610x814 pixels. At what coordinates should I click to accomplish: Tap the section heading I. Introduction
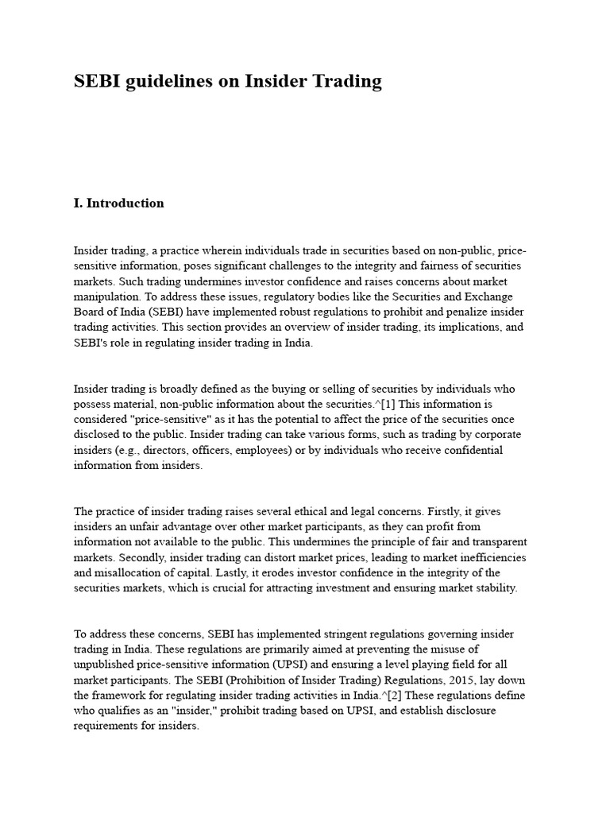point(118,203)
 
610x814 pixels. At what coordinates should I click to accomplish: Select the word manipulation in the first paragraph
point(107,297)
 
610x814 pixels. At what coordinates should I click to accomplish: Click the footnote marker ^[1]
point(384,404)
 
